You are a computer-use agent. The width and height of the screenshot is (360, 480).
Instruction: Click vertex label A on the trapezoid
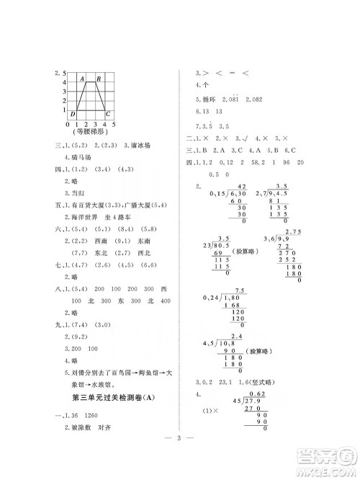click(83, 79)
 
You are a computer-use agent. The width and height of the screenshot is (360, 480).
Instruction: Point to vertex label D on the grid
click(73, 114)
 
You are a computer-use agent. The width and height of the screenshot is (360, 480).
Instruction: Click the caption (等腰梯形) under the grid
click(89, 132)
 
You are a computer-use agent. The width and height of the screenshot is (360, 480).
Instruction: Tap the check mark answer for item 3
click(246, 137)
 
